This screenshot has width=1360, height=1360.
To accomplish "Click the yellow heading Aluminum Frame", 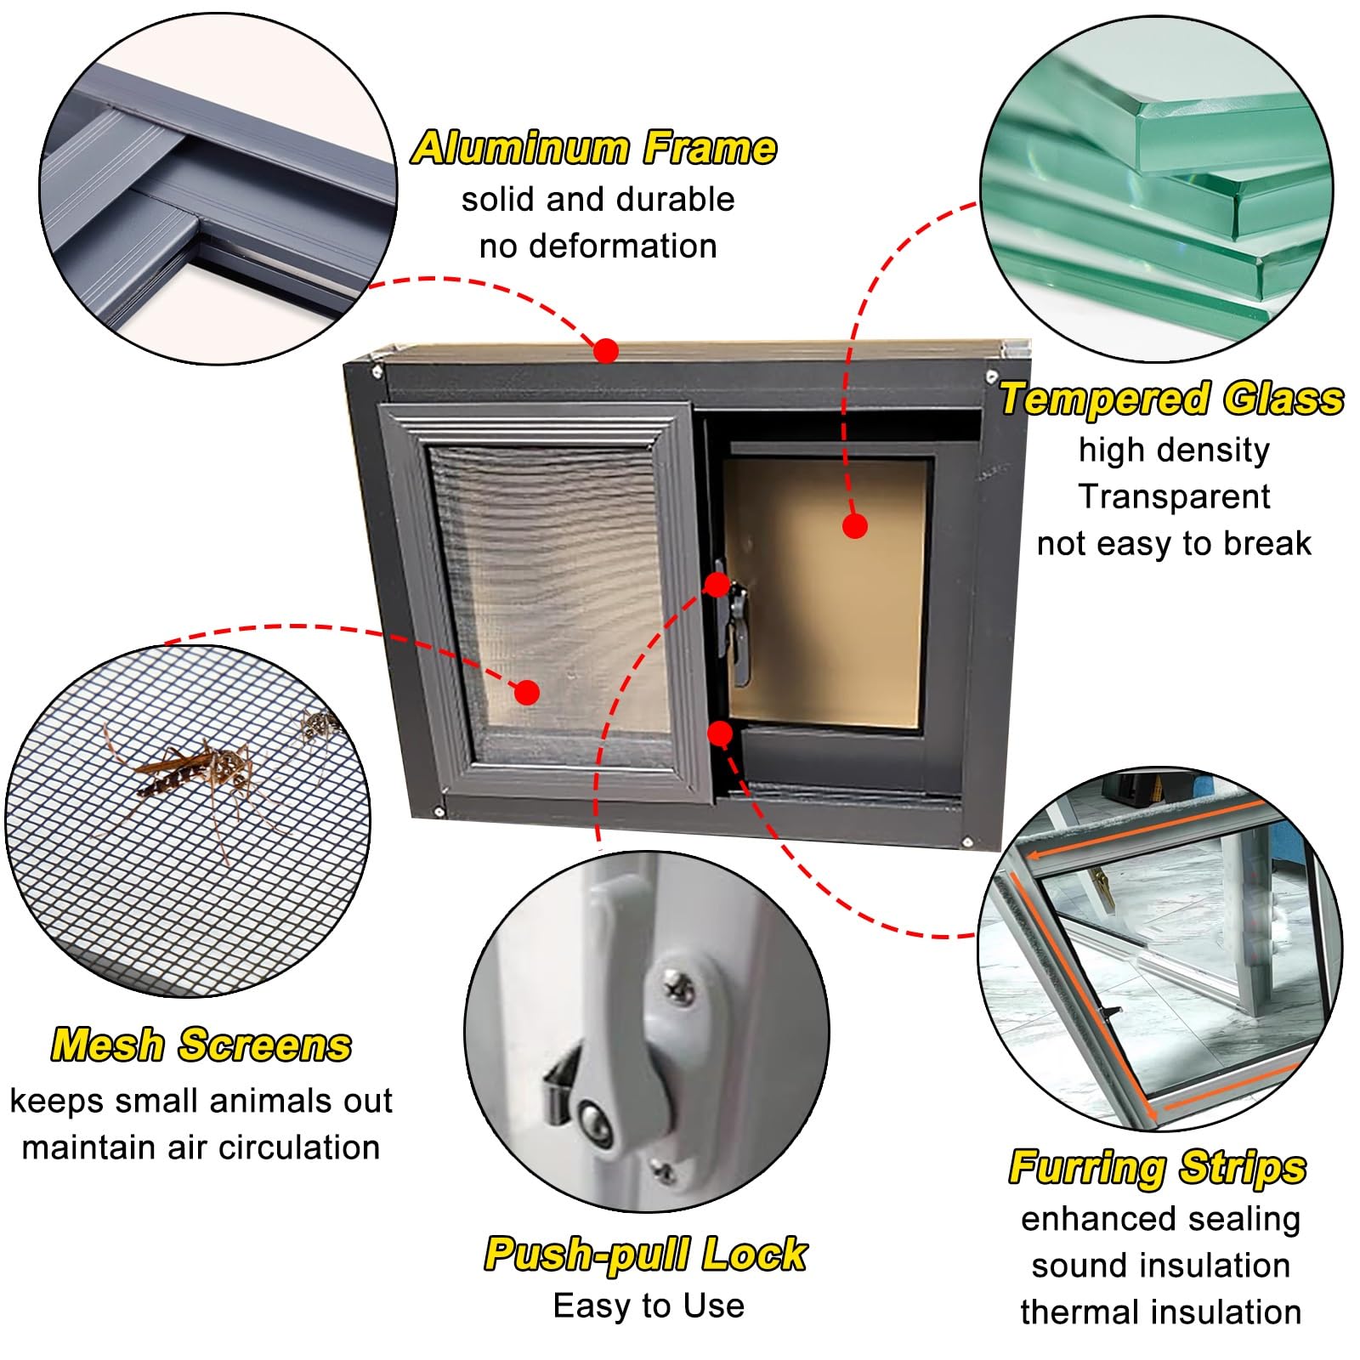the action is pos(594,148).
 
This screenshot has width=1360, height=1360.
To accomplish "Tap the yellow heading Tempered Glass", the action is pos(1172,399).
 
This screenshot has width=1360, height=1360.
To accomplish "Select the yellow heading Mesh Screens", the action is pos(201,1045).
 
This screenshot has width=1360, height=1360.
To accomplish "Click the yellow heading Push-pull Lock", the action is pos(646,1254).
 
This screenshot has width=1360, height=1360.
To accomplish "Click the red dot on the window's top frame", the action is pos(605,350).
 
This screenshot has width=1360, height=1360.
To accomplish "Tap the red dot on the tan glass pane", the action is pos(855,526).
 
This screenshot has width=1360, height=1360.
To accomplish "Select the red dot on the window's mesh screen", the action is pos(527,693).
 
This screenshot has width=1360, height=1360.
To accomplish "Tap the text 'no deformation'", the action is pos(598,246).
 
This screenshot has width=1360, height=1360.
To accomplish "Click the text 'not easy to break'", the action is pos(1174,543).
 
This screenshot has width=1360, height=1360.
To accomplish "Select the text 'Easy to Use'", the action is pos(649,1306).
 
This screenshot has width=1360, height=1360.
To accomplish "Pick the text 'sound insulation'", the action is pos(1161,1266).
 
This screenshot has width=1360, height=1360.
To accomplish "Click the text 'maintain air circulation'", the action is pos(201,1147).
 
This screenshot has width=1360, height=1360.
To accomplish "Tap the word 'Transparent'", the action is pos(1174,496).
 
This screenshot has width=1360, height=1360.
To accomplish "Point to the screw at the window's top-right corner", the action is pos(991,375).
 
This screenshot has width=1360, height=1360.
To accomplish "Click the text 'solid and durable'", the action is pos(598,200).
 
